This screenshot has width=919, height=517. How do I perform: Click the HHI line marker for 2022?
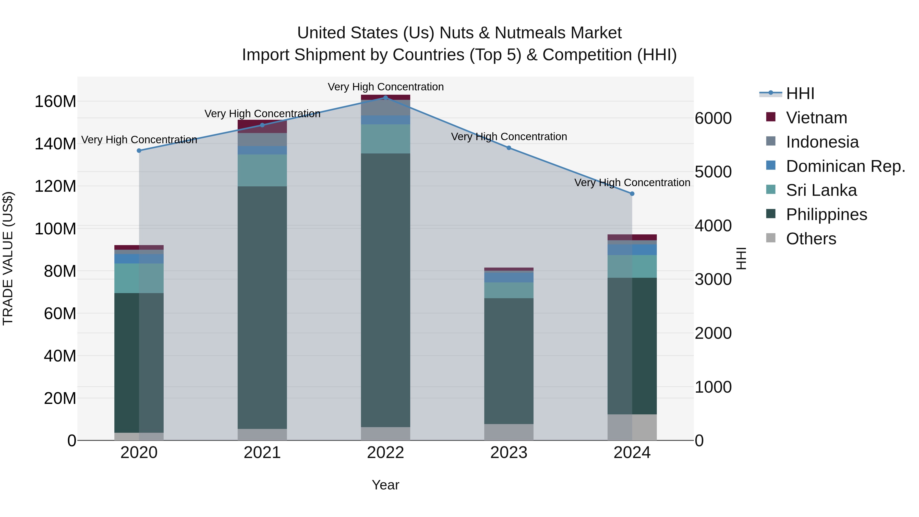[385, 98]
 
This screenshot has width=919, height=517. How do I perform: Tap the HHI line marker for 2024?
[632, 194]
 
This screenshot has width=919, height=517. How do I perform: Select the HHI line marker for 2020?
[139, 151]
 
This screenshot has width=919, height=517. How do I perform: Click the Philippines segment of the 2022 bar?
[385, 290]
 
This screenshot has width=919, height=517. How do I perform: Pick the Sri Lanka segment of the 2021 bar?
[262, 170]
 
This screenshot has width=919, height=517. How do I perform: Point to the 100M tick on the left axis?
[55, 228]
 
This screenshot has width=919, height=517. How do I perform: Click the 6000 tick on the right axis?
[713, 118]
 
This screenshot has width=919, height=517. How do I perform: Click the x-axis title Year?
[385, 485]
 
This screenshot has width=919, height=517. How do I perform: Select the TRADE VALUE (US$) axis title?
[8, 258]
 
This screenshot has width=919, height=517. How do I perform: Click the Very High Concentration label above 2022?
[385, 87]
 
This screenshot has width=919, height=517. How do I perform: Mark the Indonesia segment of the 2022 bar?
[385, 108]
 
